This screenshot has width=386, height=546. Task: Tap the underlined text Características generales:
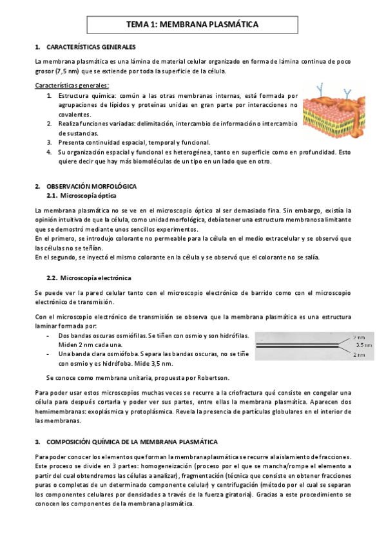coord(72,85)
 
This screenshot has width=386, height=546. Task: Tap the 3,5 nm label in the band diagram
coord(362,345)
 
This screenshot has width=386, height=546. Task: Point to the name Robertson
coord(211,377)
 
